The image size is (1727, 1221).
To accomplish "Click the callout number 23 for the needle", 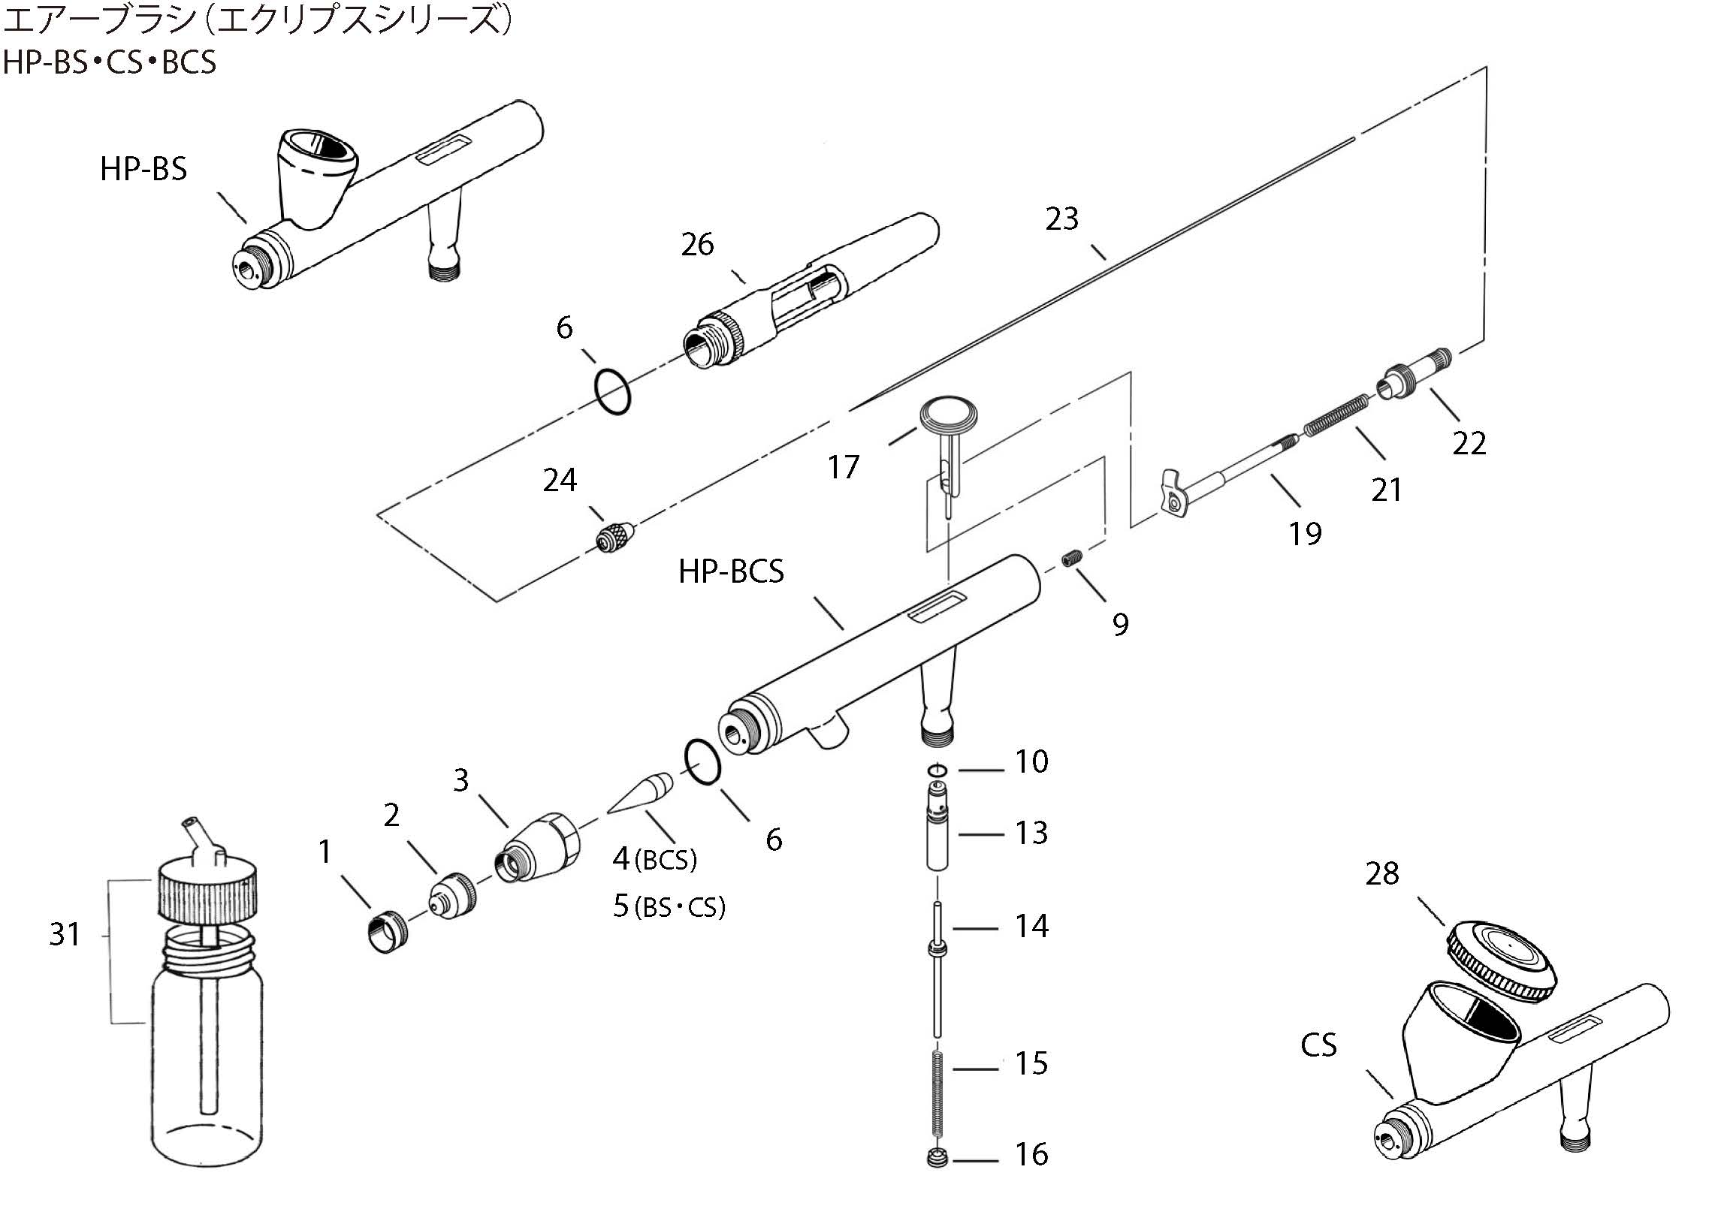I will pos(1061,219).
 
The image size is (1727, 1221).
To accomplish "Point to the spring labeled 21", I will pos(1336,416).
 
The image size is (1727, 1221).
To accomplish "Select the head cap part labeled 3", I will pos(539,846).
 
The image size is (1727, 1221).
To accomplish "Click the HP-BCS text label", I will pos(730,571).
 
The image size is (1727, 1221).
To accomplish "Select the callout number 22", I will pos(1469,444).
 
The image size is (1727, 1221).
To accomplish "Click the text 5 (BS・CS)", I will pos(669,906).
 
